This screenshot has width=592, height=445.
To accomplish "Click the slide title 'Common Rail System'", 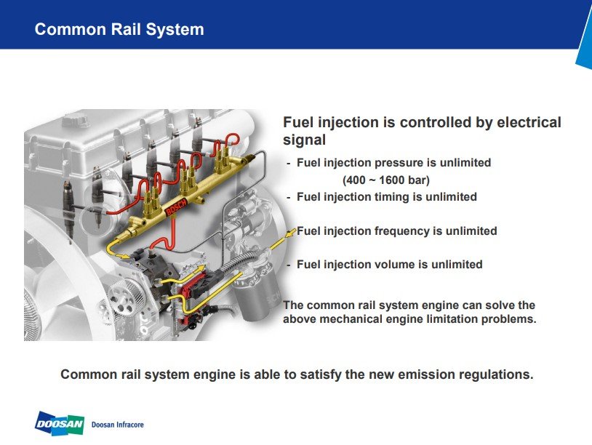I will (119, 30).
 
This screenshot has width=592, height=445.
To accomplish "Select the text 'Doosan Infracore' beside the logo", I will (123, 424).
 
